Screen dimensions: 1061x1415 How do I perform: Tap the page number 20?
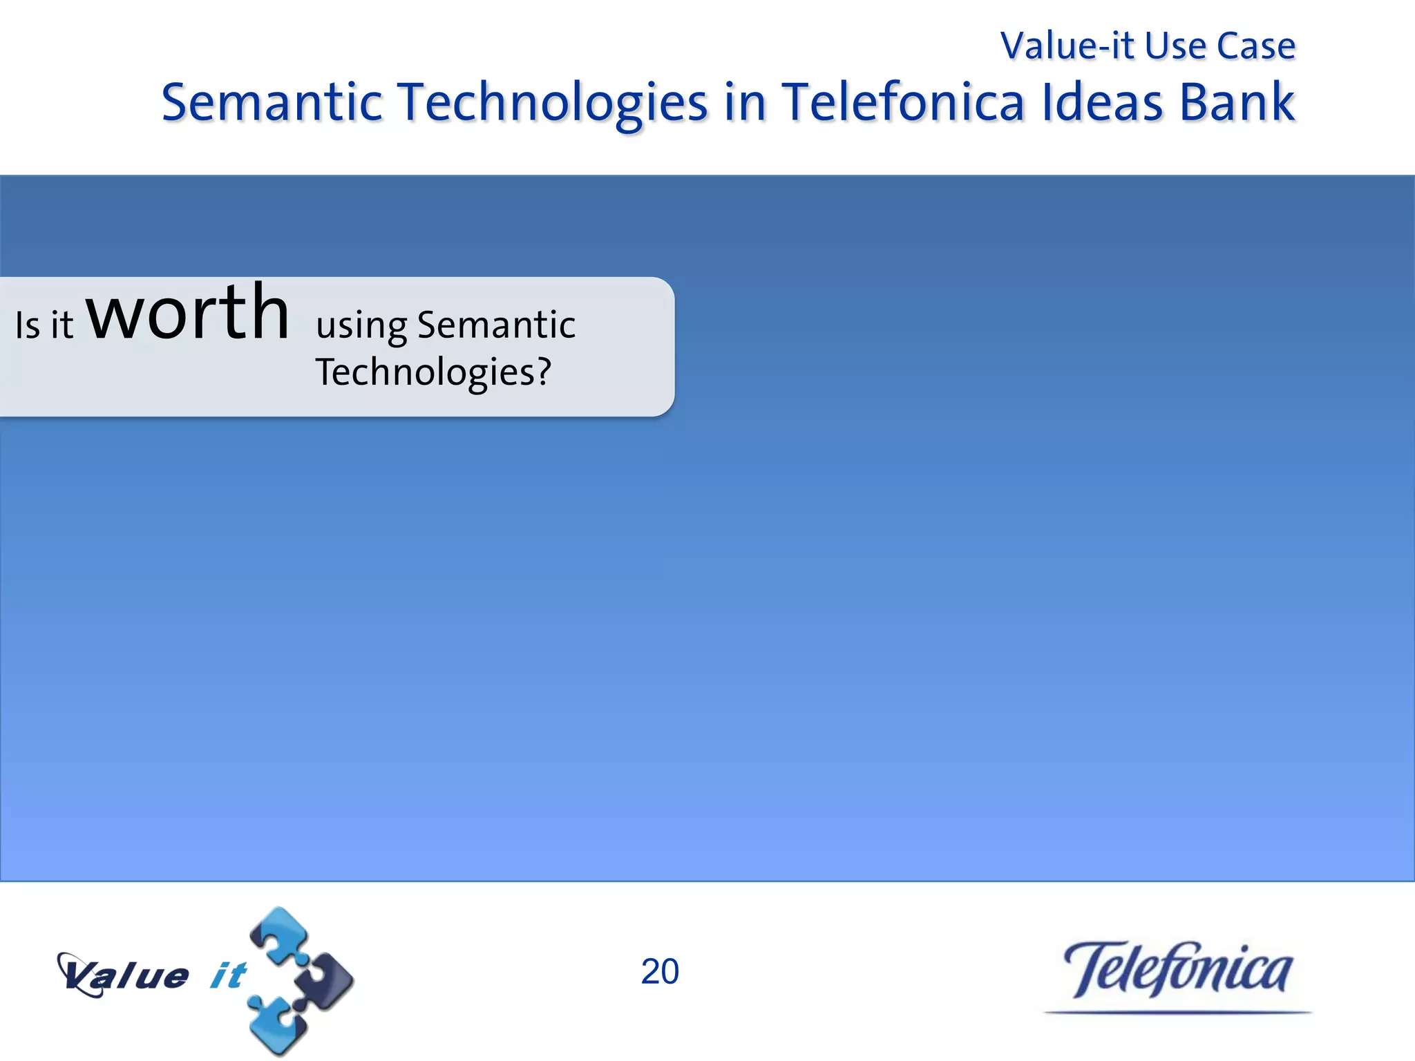tap(660, 972)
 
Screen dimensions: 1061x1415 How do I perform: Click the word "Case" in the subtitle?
tap(1255, 46)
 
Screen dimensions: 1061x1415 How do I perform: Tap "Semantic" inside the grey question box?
tap(496, 325)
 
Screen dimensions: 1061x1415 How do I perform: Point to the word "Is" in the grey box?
tap(28, 325)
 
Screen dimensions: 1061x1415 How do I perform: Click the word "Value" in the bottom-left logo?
tap(124, 975)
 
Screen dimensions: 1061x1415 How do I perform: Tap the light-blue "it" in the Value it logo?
tap(228, 975)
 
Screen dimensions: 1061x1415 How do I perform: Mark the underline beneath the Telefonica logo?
tap(1178, 1013)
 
